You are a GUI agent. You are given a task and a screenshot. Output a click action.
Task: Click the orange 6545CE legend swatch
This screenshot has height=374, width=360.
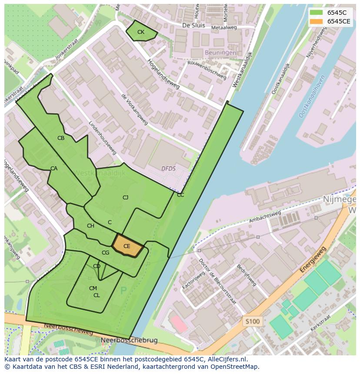pos(317,21)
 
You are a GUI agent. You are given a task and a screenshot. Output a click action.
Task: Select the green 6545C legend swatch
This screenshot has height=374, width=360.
pos(317,13)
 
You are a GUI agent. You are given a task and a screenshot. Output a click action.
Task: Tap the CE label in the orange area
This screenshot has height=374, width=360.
pos(127,246)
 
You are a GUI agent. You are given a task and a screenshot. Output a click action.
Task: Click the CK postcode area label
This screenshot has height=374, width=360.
pos(141,32)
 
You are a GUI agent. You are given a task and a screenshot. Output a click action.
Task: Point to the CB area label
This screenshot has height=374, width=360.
pos(61,138)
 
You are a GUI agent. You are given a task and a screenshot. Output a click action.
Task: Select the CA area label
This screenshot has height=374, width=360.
pos(54,169)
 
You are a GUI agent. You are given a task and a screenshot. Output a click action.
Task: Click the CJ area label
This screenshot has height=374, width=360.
pos(125,198)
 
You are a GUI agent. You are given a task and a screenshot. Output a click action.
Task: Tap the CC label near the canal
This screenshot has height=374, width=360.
pos(180,195)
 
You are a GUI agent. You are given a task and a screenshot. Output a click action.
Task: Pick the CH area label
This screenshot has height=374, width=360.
pos(90,226)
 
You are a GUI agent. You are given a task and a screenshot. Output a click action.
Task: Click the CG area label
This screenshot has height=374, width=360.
pos(105,253)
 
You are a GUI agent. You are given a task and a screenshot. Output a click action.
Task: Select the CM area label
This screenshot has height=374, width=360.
pos(93,288)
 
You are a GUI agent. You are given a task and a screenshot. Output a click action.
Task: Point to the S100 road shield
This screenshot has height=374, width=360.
pos(252,321)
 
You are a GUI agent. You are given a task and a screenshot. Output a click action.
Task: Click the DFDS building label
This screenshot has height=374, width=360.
pos(168,169)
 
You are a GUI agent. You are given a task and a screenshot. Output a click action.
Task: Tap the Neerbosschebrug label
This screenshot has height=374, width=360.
pos(129,340)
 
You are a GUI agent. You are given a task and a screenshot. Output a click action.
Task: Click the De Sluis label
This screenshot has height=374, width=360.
pos(193,25)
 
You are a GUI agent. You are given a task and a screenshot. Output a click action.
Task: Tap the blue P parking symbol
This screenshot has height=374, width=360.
pos(123,291)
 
